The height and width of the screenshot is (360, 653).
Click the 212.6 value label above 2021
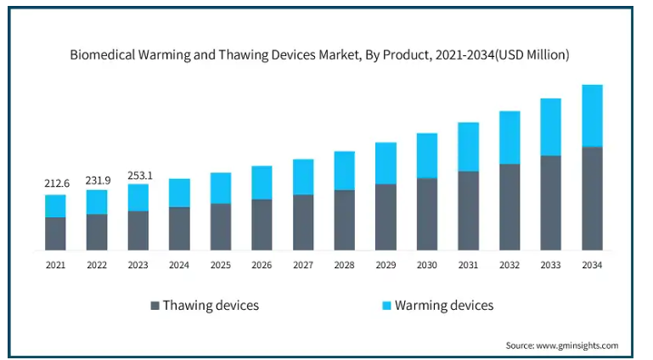pos(56,183)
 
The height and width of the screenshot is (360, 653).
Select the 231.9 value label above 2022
pos(97,180)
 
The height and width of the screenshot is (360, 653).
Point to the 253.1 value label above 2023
pos(138,175)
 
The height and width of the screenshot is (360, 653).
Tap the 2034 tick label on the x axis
pos(592,265)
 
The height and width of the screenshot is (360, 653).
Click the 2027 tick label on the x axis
pos(303,265)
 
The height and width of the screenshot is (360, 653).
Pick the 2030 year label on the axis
pos(427,265)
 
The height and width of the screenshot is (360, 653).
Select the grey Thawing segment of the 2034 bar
pos(592,199)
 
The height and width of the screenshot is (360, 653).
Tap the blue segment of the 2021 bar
pos(56,206)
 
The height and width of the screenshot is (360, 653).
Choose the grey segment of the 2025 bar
pos(221,227)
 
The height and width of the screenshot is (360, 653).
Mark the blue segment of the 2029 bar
pos(386,163)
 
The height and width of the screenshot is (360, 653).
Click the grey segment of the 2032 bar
pos(509,207)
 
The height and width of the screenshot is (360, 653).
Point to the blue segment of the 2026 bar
pos(262,183)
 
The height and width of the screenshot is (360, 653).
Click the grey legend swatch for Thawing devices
pos(155,305)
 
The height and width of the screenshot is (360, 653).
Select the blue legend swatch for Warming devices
pos(387,305)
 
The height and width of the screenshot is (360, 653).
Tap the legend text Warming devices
pos(444,305)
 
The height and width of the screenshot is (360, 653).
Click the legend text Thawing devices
pos(211,305)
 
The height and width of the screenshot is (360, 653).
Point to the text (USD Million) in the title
pos(533,54)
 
